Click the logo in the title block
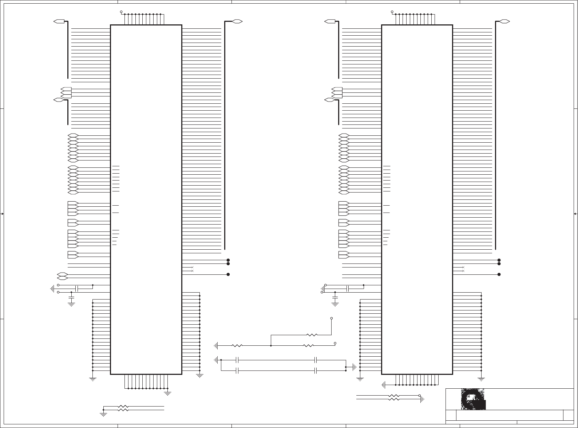coord(473,399)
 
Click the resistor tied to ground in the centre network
coord(237,345)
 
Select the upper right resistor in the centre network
coord(312,335)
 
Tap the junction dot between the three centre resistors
coord(271,345)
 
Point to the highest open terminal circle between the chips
coord(331,318)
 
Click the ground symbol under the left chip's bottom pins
coord(168,393)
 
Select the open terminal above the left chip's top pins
coord(121,12)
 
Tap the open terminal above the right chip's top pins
coord(392,12)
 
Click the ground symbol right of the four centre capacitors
coord(354,367)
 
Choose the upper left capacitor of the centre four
coord(237,360)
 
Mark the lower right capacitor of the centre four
coord(316,370)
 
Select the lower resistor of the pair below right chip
coord(393,399)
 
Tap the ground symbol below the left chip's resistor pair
coord(103,413)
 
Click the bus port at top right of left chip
coord(237,21)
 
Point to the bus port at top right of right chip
coord(504,21)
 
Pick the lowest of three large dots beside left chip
coord(228,274)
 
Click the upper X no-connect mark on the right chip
coord(463,267)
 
